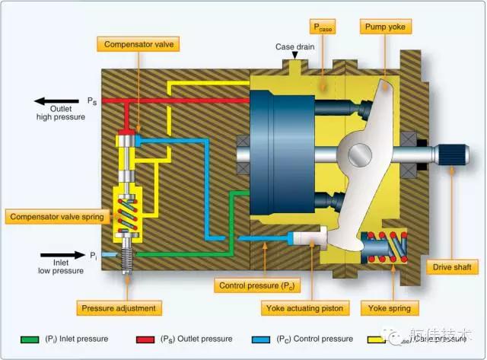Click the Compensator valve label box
coord(138,45)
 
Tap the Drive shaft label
coord(455,267)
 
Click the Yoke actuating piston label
coord(304,308)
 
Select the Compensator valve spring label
coord(56,216)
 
